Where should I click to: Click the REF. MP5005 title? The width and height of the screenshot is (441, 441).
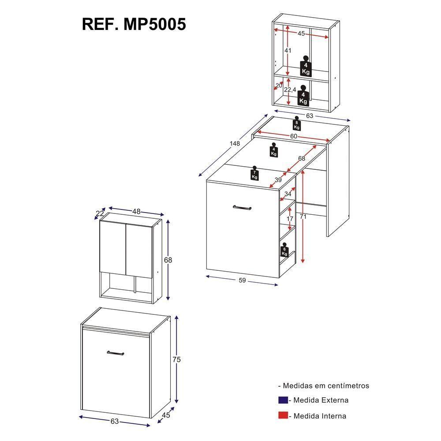[134, 24]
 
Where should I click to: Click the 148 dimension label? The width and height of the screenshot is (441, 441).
[234, 144]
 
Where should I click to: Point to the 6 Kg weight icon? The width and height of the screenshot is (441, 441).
[284, 250]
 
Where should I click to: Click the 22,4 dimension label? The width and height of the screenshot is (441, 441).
[290, 90]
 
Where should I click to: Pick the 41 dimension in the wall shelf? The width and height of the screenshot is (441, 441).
[288, 51]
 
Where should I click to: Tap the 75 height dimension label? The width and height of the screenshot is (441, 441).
[176, 359]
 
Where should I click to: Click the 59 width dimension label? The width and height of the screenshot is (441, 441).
[242, 280]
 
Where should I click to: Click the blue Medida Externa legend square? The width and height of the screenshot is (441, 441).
[283, 400]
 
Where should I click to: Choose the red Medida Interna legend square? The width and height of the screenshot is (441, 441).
[283, 415]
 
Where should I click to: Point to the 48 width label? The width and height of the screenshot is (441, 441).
[136, 212]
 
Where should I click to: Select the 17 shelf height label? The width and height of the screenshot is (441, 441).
[289, 219]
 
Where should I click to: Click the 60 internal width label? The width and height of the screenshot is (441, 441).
[293, 136]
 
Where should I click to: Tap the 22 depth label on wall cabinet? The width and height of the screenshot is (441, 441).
[100, 213]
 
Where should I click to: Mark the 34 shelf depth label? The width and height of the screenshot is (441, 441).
[288, 193]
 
